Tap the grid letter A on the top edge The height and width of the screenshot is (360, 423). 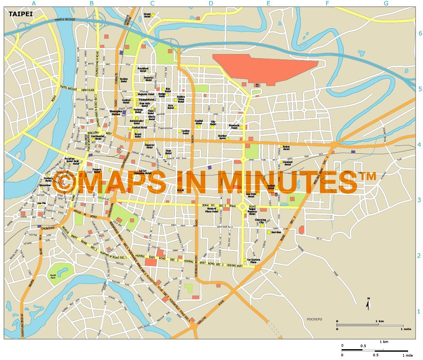(34, 3)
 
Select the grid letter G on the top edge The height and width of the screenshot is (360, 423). (386, 3)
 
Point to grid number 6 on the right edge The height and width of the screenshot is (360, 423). (420, 34)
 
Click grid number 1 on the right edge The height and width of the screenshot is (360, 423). (419, 311)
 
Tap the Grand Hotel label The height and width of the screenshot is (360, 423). (147, 15)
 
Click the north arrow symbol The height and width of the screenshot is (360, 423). (367, 304)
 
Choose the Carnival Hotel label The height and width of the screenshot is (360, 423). (288, 163)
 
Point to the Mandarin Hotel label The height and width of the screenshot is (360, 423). (234, 126)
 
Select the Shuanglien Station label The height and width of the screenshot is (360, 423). (116, 113)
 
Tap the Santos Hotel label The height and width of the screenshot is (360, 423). (123, 80)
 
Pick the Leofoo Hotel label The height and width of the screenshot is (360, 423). (185, 132)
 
